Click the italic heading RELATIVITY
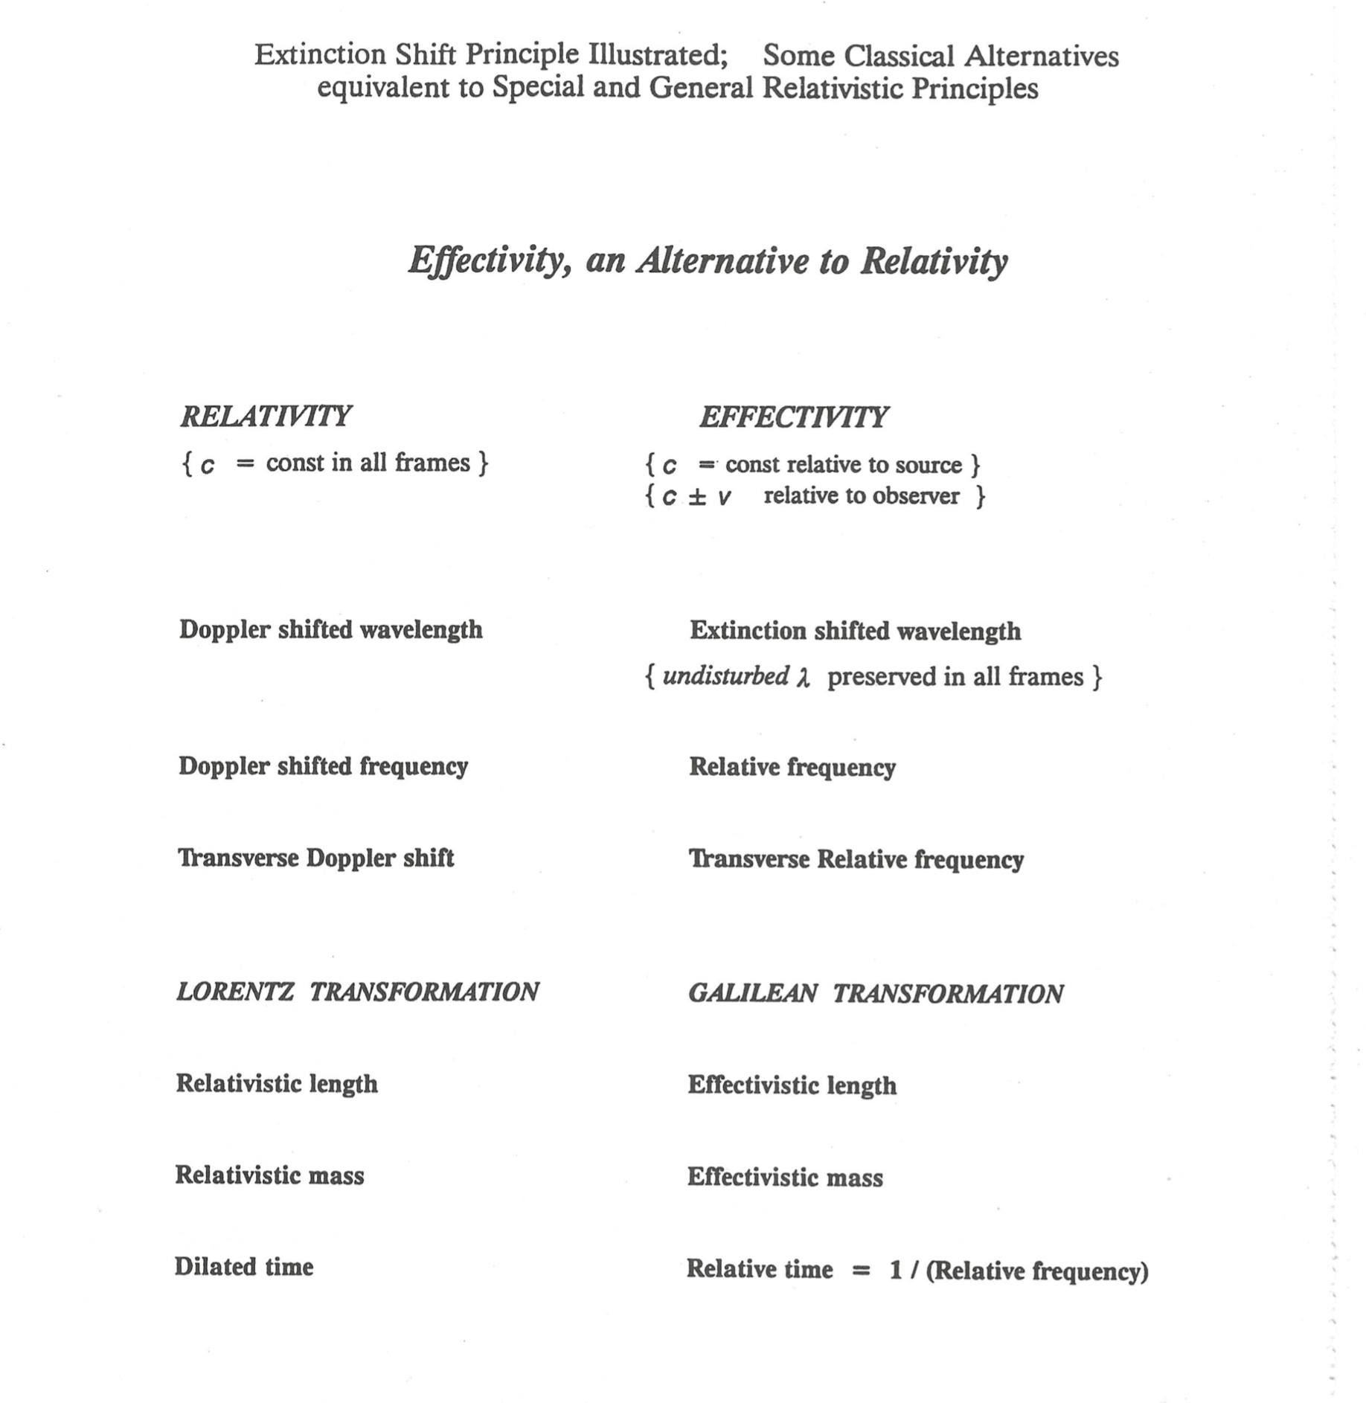click(x=265, y=416)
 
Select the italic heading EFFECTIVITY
click(x=792, y=417)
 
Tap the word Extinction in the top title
click(x=320, y=54)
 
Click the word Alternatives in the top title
click(x=1042, y=57)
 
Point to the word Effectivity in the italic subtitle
click(x=490, y=260)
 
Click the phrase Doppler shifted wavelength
click(x=330, y=629)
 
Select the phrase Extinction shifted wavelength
click(x=855, y=631)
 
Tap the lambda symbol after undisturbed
click(x=802, y=678)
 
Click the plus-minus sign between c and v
click(x=696, y=497)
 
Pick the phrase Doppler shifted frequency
click(x=323, y=765)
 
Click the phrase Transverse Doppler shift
click(x=315, y=858)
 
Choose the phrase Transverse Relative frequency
click(x=856, y=859)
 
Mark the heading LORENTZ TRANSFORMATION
click(x=357, y=992)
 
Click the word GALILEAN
click(x=752, y=993)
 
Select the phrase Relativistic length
click(x=276, y=1083)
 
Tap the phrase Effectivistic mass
click(x=785, y=1177)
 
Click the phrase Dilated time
click(x=244, y=1266)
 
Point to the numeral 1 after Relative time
click(x=896, y=1269)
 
